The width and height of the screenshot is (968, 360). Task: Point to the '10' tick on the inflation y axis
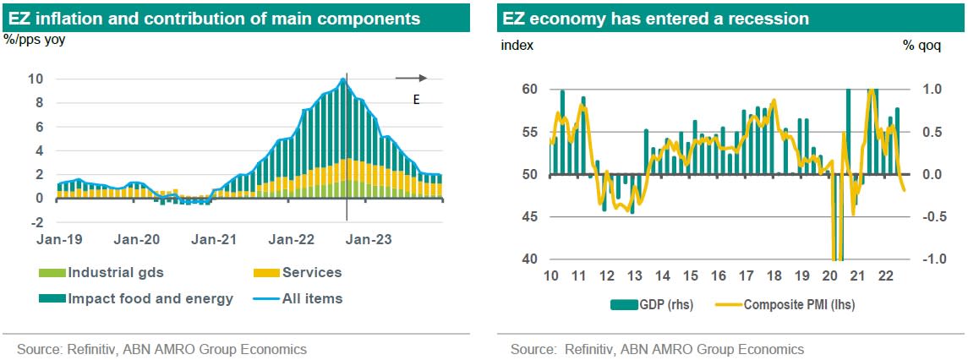tap(36, 79)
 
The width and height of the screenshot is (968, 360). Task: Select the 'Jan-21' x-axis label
tap(215, 240)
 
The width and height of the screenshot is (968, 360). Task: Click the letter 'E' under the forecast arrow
tap(416, 100)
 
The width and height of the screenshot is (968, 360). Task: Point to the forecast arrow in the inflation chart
tap(412, 79)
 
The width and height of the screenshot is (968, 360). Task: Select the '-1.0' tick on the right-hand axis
tap(929, 259)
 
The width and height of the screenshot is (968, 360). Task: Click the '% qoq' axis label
tap(922, 45)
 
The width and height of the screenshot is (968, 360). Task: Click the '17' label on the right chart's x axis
tap(747, 276)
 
